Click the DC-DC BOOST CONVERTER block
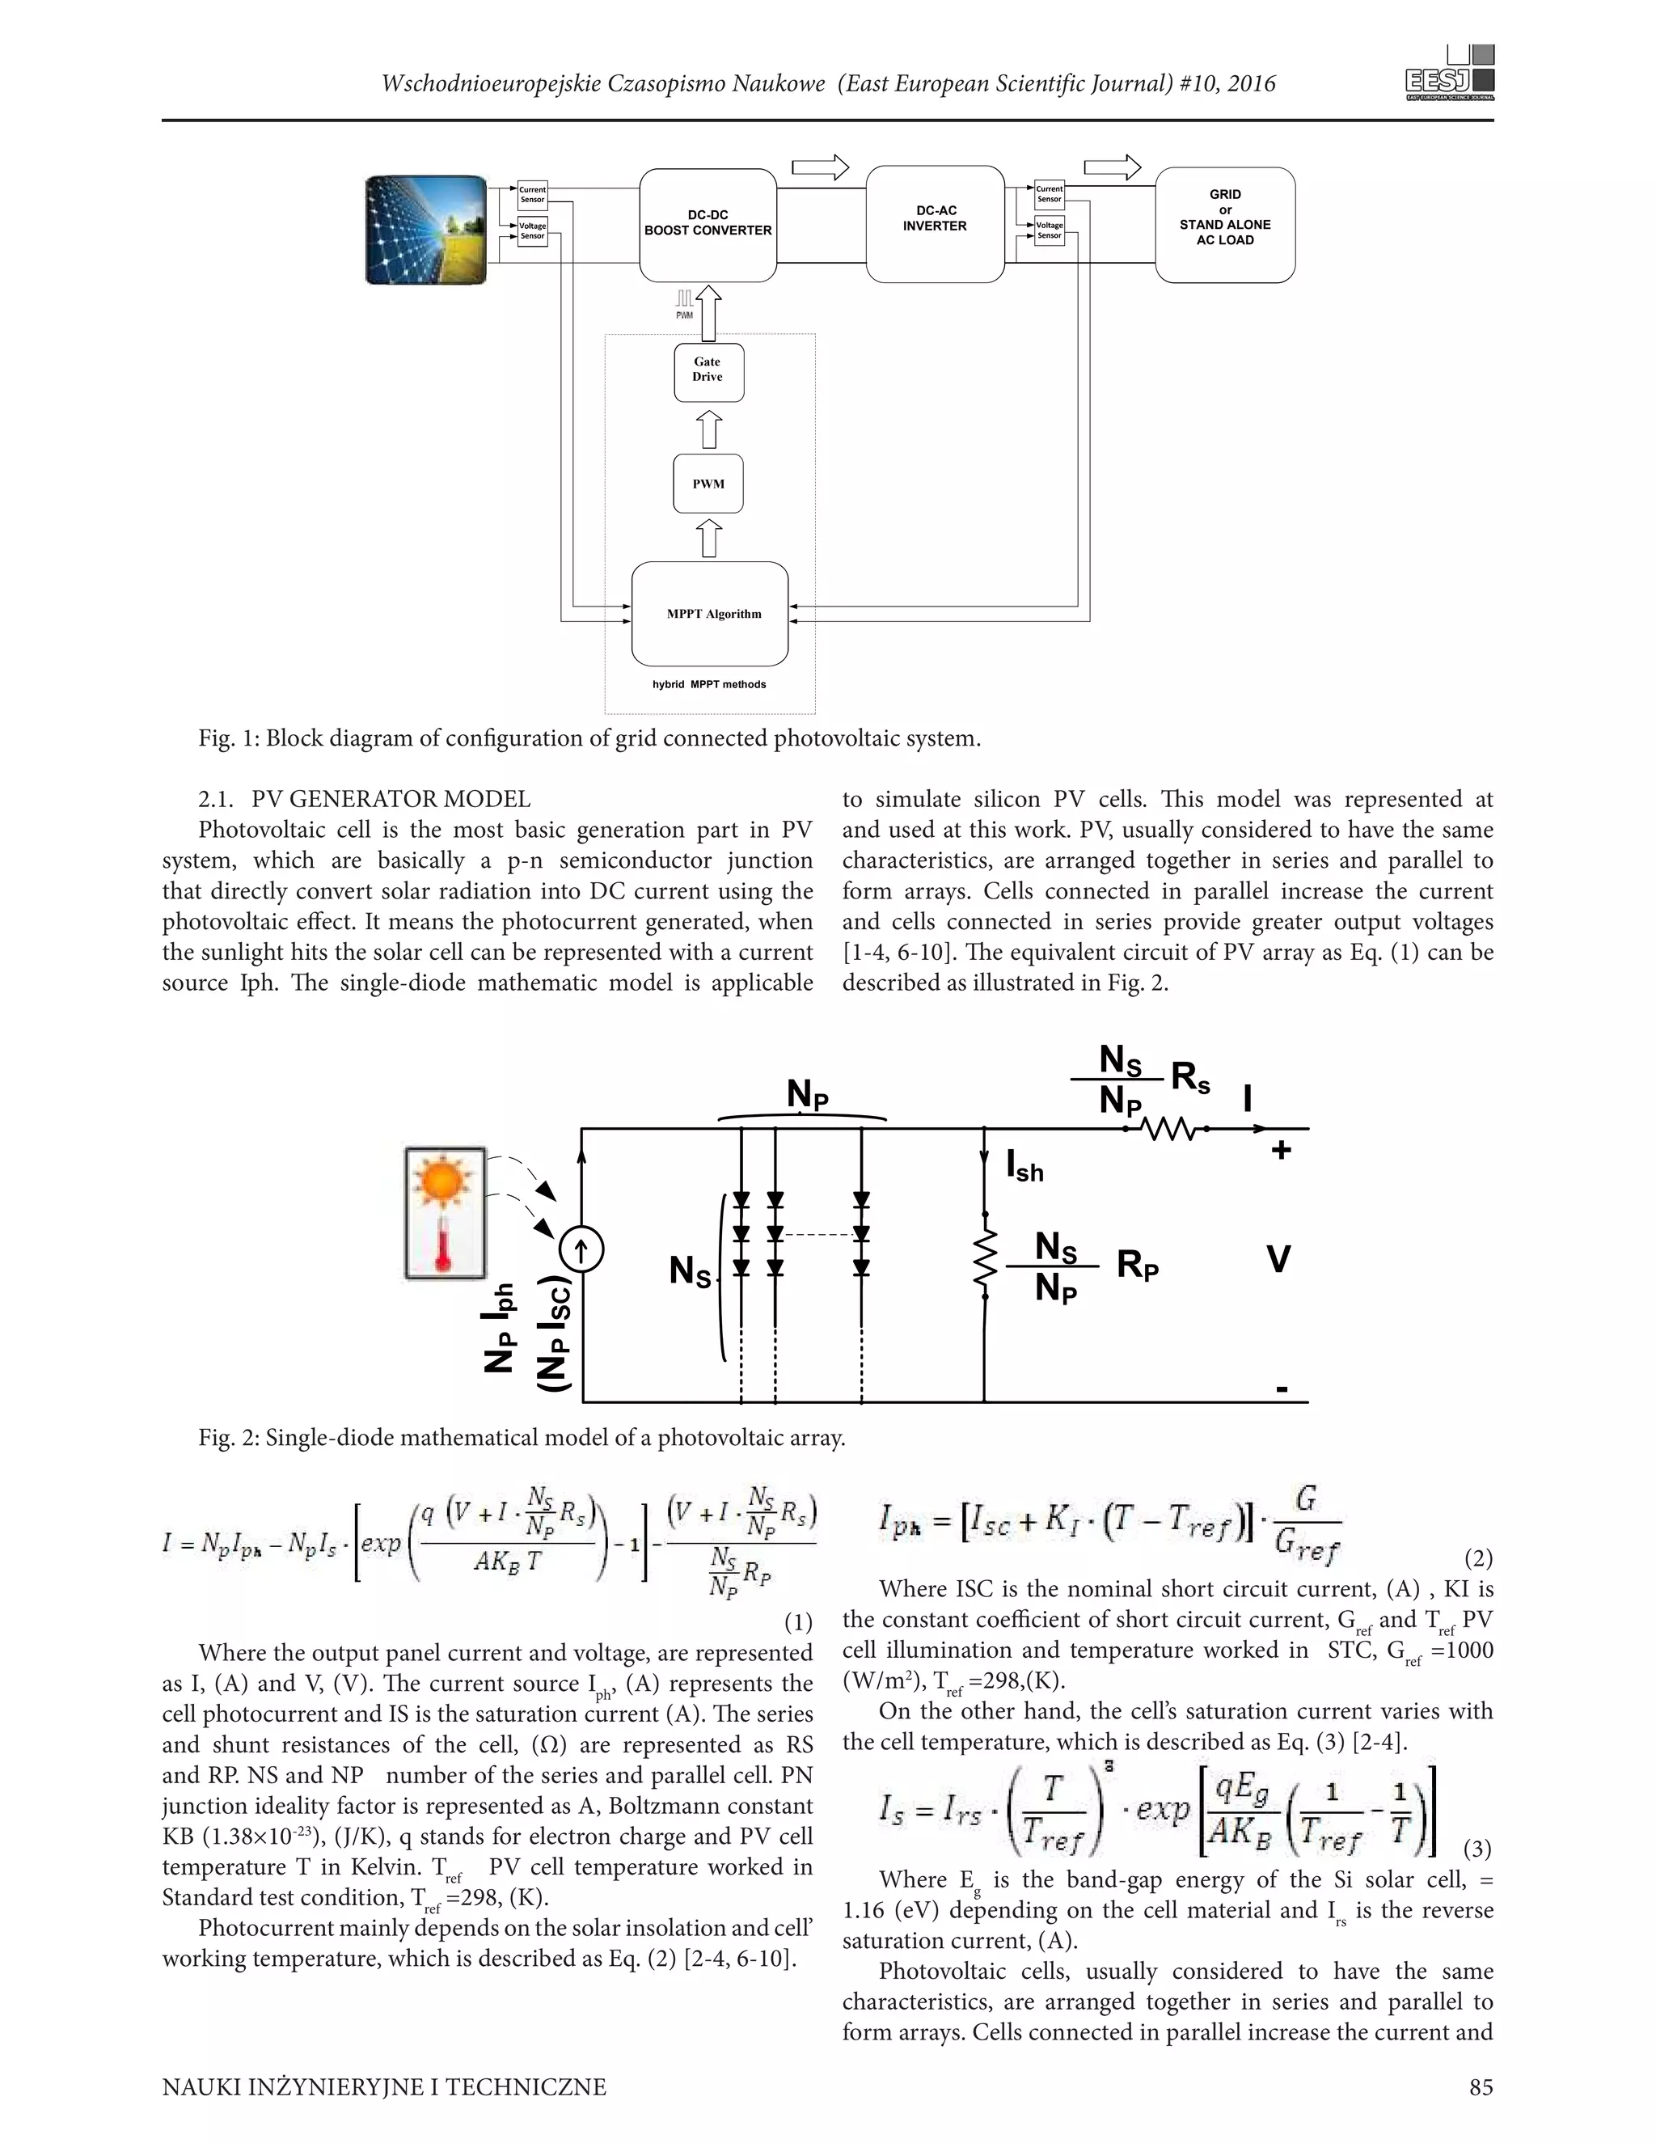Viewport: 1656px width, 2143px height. pos(708,225)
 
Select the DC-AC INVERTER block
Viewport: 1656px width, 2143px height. pos(934,225)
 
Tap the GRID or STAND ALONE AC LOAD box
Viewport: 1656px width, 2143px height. pos(1224,225)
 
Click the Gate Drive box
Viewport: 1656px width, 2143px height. pos(708,372)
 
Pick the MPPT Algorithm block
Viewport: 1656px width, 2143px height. pos(710,613)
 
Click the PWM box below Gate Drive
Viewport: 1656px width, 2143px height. pos(708,484)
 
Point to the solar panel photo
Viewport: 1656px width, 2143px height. pos(426,230)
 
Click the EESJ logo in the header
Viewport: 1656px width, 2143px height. pos(1450,74)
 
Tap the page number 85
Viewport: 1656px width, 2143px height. pos(1481,2087)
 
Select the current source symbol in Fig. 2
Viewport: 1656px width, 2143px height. pos(581,1250)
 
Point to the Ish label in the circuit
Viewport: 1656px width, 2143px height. pos(1024,1167)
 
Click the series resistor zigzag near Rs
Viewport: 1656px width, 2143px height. pos(1165,1130)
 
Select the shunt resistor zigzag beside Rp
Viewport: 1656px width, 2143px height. pos(984,1260)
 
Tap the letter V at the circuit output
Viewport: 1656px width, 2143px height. pos(1278,1260)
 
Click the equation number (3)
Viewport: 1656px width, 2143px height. pos(1477,1849)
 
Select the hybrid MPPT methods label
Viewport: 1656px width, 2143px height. pos(709,684)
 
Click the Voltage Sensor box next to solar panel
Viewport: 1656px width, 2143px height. pos(532,231)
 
